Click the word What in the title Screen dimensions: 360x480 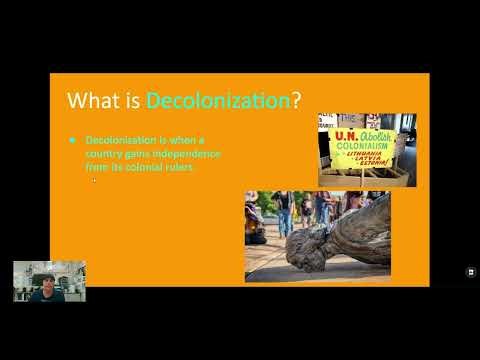coord(88,101)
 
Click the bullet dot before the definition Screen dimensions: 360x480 coord(72,140)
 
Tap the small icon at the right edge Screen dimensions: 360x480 coord(471,271)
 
